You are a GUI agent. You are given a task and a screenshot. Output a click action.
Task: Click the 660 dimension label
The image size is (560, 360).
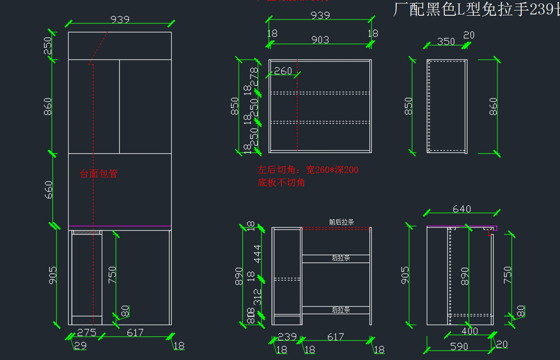pyautogui.click(x=49, y=190)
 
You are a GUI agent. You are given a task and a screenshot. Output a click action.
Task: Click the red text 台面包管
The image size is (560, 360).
pyautogui.click(x=99, y=174)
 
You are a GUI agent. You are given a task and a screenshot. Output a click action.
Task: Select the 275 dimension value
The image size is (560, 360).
pyautogui.click(x=86, y=332)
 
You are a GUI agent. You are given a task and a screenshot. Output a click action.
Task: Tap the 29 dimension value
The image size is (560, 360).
pyautogui.click(x=80, y=346)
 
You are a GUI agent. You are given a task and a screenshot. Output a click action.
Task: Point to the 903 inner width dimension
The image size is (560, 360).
pyautogui.click(x=320, y=40)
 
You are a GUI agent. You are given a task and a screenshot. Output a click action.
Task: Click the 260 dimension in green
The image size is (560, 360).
pyautogui.click(x=283, y=71)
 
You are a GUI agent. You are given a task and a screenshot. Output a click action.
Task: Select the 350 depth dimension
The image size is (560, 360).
pyautogui.click(x=446, y=41)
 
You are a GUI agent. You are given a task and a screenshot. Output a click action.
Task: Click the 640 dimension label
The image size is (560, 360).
pyautogui.click(x=462, y=209)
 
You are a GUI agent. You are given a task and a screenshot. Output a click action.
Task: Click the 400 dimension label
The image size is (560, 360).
pyautogui.click(x=469, y=331)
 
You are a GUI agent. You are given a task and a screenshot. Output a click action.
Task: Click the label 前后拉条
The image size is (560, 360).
pyautogui.click(x=342, y=222)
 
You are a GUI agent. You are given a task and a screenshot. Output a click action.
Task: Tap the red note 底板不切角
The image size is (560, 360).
pyautogui.click(x=281, y=183)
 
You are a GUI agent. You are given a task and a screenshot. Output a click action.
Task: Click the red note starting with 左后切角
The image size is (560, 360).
pyautogui.click(x=308, y=170)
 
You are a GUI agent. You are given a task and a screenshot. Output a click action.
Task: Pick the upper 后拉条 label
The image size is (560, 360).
pyautogui.click(x=341, y=258)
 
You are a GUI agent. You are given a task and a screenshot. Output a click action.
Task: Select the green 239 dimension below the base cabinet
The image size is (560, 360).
pyautogui.click(x=287, y=337)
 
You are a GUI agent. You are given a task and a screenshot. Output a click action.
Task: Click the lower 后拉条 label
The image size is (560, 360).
pyautogui.click(x=341, y=310)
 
